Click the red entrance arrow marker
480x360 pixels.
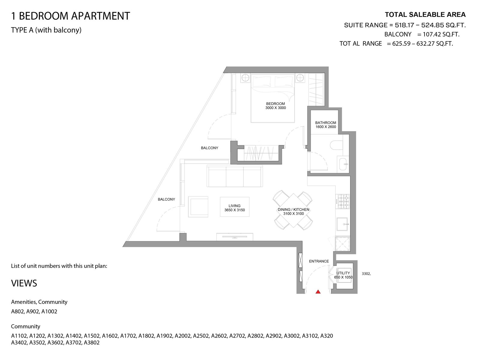pos(318,292)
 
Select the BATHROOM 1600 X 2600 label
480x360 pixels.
pos(325,125)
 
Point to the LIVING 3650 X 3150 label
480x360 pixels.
pos(234,208)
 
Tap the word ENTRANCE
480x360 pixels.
pos(319,261)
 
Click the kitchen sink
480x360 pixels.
pos(342,224)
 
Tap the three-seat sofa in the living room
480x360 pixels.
pos(235,176)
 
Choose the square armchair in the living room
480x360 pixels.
pos(198,207)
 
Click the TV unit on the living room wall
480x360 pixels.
pos(235,237)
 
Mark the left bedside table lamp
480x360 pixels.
pos(245,78)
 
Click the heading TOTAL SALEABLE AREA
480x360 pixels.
pos(425,15)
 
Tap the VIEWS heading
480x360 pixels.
pos(24,283)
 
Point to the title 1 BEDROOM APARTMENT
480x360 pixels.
pos(70,16)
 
